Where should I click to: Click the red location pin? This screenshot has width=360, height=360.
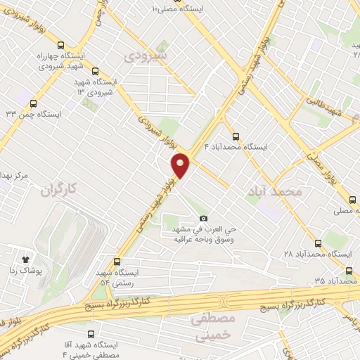tap(181, 165)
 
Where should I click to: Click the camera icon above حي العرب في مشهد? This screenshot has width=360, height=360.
tap(204, 219)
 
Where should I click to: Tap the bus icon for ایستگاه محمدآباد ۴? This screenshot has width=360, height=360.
tap(235, 137)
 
